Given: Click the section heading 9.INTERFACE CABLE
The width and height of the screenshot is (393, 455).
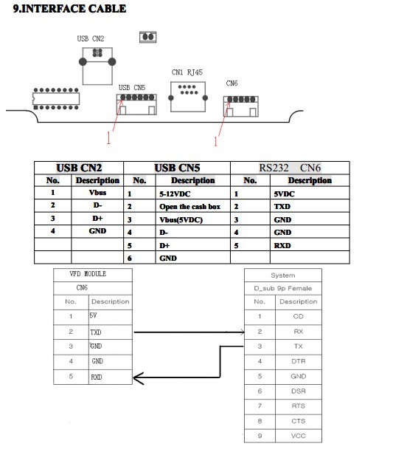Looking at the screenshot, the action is point(69,8).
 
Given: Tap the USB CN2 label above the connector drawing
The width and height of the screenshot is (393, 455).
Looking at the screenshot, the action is point(91,38).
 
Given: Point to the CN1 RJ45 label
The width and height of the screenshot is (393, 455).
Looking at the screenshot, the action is point(187,72).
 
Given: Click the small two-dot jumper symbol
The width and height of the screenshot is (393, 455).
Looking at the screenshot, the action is point(148,37).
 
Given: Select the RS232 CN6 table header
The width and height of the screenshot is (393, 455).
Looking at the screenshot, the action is point(290,168).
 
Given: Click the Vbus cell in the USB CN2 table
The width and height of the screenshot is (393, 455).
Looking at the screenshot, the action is point(97,192).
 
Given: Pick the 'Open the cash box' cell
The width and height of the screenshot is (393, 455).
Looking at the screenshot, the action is point(189,206).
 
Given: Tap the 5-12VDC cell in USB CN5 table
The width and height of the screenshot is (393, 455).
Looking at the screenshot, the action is point(175,194).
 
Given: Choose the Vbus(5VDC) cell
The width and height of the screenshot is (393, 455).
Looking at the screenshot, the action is point(181,219).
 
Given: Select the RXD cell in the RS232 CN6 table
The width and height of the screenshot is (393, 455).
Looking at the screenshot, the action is point(282,245).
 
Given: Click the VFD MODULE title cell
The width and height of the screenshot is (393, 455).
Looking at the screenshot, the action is point(88,273).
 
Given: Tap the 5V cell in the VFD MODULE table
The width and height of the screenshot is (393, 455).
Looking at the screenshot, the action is point(93,315).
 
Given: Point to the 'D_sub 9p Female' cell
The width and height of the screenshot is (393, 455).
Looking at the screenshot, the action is point(282,288).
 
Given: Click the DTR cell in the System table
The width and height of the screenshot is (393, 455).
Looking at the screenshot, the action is point(299,361).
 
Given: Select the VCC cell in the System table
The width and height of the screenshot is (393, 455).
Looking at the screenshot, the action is point(299,436).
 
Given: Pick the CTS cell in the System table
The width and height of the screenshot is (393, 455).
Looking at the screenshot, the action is point(299,421).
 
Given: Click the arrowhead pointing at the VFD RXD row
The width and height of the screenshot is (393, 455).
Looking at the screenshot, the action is point(138,378).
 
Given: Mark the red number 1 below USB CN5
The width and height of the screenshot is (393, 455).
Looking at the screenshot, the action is point(108,137).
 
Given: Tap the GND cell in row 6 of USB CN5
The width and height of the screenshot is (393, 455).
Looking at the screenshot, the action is point(168,258).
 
